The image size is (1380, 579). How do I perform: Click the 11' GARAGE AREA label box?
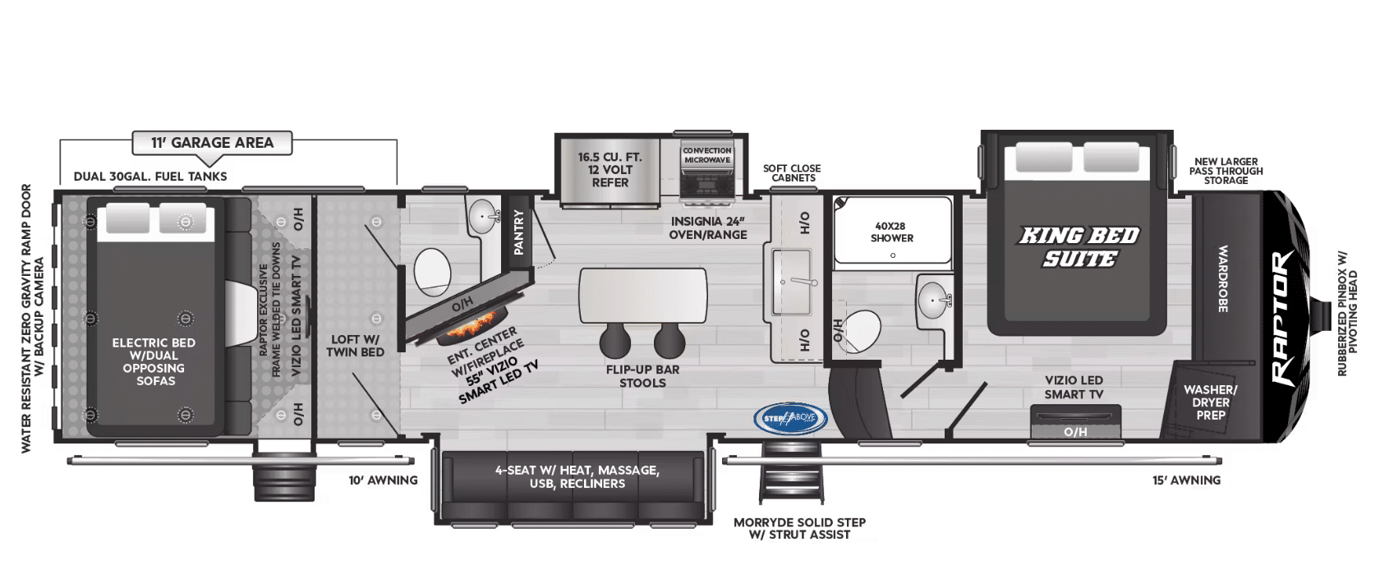pos(212,143)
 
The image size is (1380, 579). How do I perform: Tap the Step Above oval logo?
pos(790,418)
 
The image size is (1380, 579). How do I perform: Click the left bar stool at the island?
pos(614,341)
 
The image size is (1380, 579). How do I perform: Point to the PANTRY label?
pos(519,233)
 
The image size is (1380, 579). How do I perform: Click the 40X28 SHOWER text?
pos(891,232)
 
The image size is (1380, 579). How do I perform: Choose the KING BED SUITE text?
pos(1079,247)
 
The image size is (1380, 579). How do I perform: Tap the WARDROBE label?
pos(1223,278)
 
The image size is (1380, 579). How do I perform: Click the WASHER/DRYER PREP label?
pos(1211,402)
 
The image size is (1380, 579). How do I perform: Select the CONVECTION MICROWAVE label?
pos(707,155)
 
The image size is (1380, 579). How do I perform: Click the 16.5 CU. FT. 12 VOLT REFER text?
pos(609,170)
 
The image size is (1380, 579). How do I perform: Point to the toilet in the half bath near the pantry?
pos(432,273)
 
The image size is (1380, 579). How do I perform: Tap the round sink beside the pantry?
pos(485,216)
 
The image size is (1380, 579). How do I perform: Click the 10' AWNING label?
pos(383,480)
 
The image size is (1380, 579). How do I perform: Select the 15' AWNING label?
pos(1186,480)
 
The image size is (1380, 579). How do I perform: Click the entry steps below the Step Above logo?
pos(792,472)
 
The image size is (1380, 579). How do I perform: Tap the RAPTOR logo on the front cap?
pos(1283,318)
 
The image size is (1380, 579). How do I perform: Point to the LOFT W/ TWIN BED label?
pos(356,347)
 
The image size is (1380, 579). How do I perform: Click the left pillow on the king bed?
pos(1043,158)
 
